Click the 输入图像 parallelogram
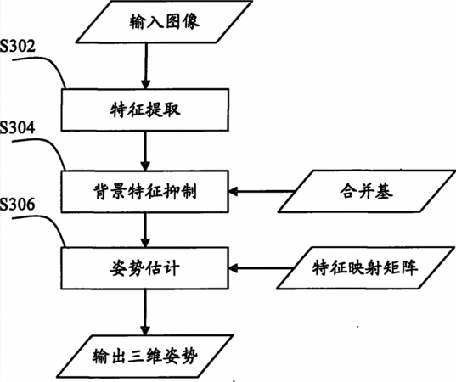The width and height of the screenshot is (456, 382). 164,22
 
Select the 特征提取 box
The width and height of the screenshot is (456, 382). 145,110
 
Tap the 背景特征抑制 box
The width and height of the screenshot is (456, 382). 145,191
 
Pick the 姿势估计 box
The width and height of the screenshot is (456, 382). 145,267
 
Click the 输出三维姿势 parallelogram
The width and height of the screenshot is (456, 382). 145,357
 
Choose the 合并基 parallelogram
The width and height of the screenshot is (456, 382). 367,191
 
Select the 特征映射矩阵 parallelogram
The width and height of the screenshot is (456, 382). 365,267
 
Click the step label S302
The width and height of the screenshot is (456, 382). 18,46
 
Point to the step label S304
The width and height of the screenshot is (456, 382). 18,127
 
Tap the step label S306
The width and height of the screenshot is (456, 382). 18,204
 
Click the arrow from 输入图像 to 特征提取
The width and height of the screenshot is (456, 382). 146,66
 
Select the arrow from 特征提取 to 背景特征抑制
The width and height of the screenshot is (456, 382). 146,151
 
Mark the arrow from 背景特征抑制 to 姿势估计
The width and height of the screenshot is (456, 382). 146,230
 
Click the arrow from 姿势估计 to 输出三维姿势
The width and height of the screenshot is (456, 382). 145,312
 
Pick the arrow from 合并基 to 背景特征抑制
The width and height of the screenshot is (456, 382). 262,191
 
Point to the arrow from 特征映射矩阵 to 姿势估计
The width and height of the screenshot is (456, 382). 261,267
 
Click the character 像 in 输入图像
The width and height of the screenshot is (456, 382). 191,21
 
